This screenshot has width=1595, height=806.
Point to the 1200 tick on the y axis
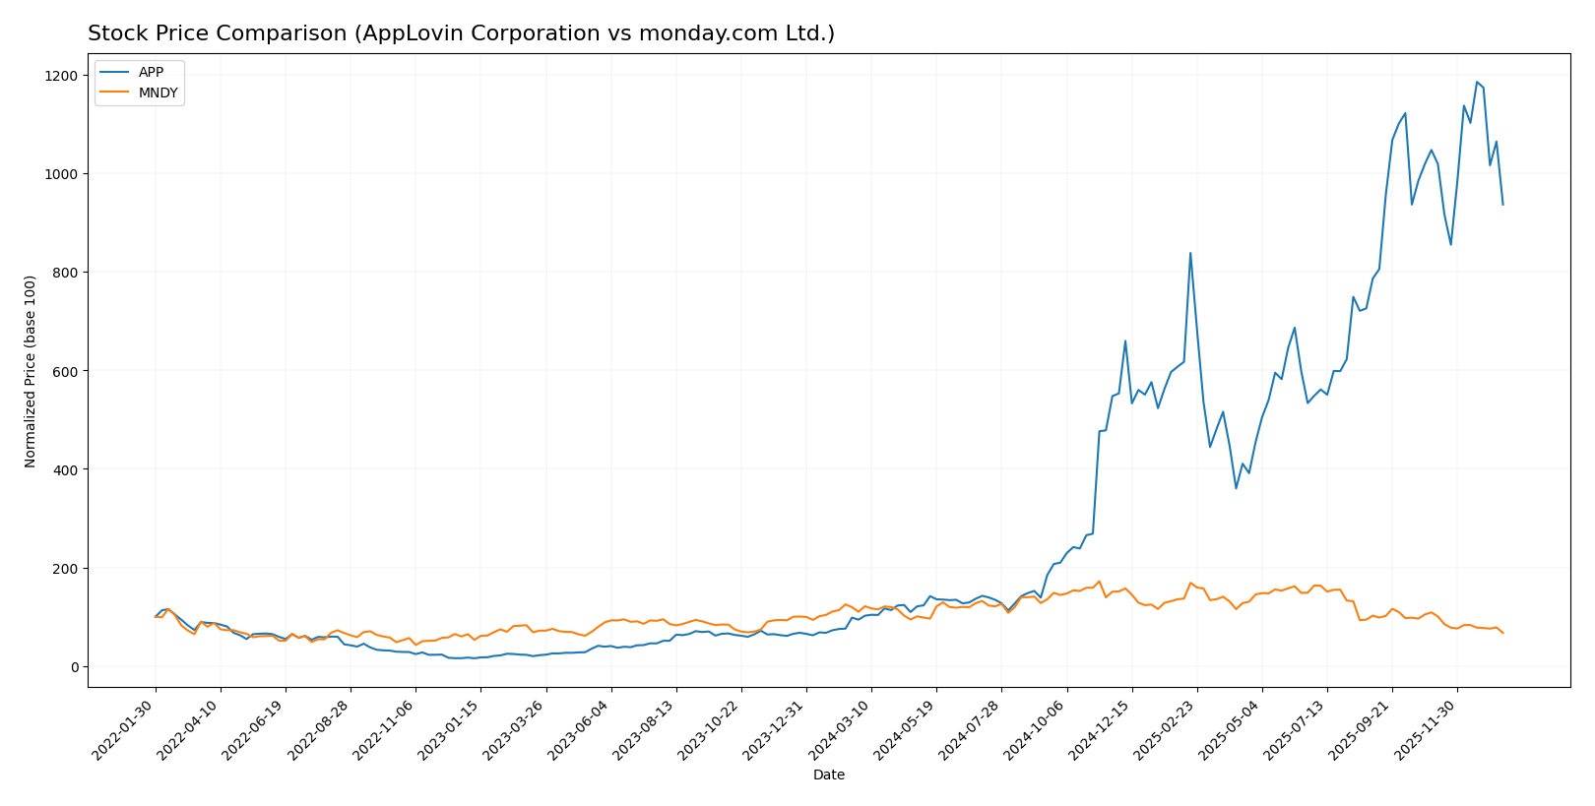tap(60, 76)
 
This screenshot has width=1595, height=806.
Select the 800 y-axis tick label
tap(64, 273)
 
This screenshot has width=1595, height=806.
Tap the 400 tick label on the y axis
tap(64, 469)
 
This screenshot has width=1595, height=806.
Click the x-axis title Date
tap(829, 775)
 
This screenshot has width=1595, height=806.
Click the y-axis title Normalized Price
tap(31, 371)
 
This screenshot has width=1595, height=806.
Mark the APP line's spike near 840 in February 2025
tap(1190, 253)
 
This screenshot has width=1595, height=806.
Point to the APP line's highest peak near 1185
tap(1477, 83)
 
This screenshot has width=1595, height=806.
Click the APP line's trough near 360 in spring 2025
tap(1236, 488)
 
